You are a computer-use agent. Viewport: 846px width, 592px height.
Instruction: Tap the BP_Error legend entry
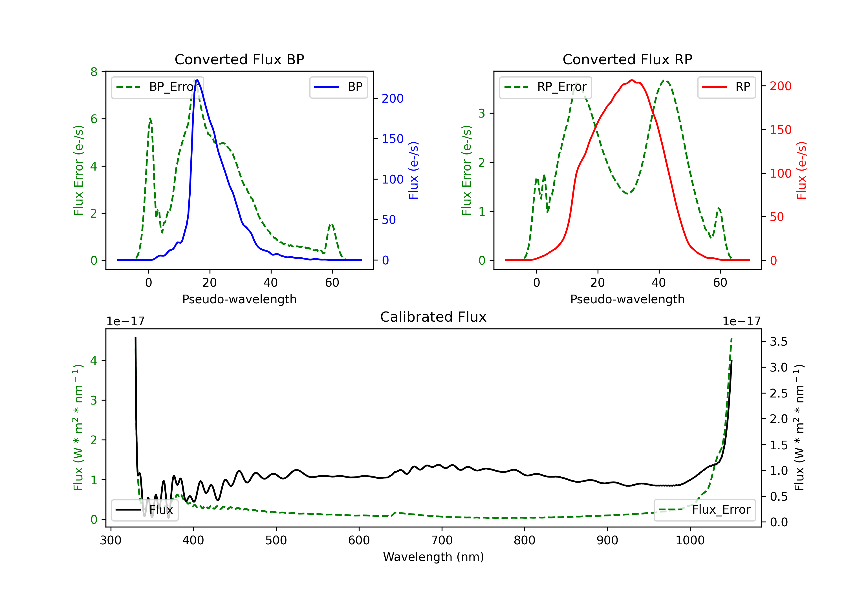pos(158,87)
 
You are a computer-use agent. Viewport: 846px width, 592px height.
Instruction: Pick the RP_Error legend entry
pos(545,87)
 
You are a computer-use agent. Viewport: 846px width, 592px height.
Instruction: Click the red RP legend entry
pos(726,87)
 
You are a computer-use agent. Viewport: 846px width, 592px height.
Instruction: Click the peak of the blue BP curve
pos(197,80)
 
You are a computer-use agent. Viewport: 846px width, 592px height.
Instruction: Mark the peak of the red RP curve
pos(632,80)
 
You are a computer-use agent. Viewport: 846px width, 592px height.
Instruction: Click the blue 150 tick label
pos(393,139)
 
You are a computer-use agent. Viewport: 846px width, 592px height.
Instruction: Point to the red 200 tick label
pos(780,86)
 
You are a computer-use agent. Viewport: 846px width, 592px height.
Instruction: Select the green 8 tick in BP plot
pos(94,72)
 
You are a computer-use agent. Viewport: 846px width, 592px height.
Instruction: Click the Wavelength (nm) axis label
pos(433,557)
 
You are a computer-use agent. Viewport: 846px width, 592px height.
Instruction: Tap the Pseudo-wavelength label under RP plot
pos(627,299)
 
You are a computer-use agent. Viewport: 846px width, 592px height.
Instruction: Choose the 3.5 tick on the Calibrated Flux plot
pos(779,341)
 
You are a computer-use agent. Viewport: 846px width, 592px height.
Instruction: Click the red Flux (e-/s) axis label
pos(801,170)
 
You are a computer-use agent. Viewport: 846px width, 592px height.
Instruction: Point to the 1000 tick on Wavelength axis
pos(690,540)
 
